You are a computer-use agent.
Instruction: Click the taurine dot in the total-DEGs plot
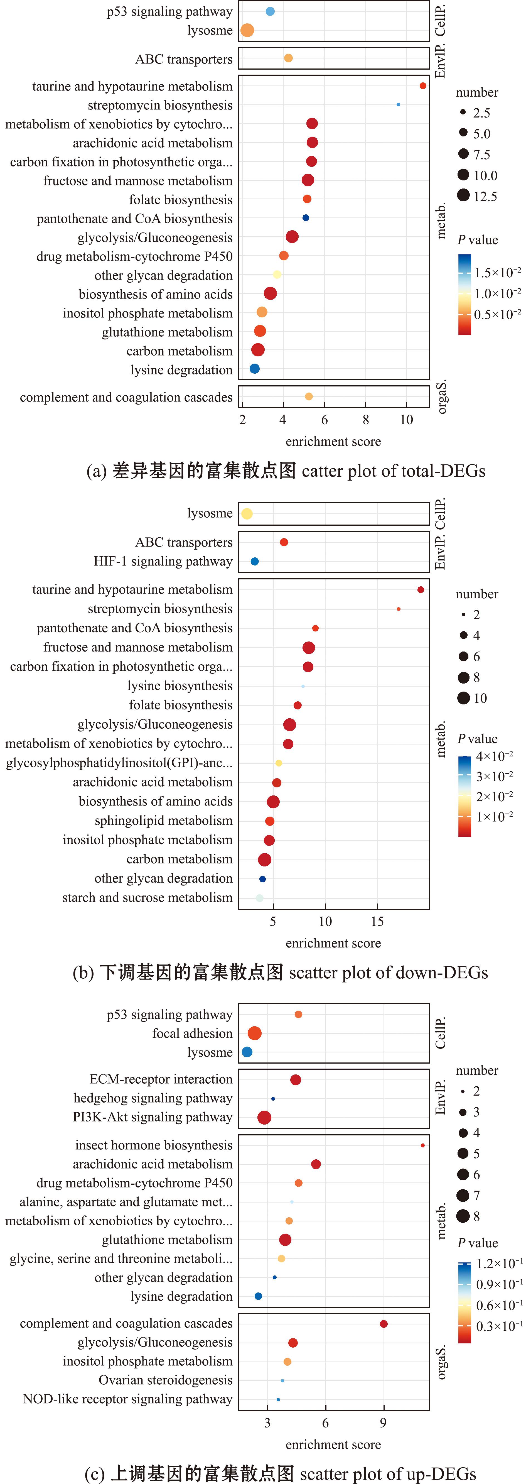pos(423,86)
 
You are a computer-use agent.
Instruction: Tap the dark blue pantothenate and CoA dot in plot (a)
pos(306,218)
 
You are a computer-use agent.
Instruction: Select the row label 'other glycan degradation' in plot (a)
pos(164,275)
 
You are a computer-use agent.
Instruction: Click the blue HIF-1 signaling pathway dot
pos(255,561)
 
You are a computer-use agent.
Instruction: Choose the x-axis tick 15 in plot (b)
pos(377,921)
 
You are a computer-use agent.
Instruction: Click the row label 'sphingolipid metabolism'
pos(164,820)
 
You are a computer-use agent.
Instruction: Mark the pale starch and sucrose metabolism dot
pos(259,898)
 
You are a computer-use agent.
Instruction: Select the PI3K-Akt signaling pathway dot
pos(264,1118)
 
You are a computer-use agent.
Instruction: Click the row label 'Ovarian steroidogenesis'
pos(165,1380)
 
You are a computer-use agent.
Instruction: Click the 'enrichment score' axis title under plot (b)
pos(333,943)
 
